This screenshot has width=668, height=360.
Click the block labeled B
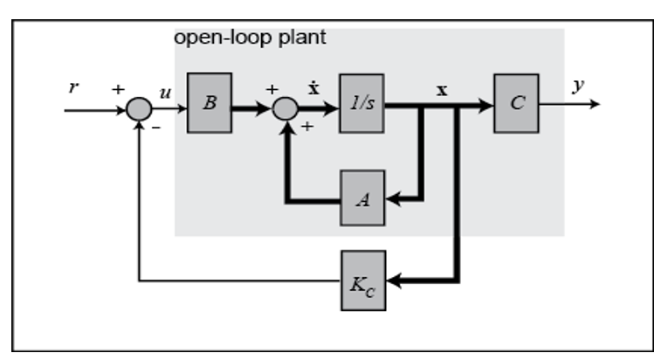tap(210, 103)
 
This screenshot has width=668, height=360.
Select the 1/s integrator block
tap(362, 103)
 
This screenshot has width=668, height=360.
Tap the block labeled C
tap(516, 103)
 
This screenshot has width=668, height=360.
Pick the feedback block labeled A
tap(362, 199)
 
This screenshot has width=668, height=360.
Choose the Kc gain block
tap(362, 280)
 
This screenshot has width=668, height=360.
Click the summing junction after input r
tap(139, 110)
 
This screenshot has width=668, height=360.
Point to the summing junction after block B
tap(285, 110)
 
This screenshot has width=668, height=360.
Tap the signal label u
tap(166, 91)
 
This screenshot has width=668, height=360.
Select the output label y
tap(578, 86)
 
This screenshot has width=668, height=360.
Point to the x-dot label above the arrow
tap(313, 90)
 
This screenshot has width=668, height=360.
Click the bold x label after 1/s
tap(442, 90)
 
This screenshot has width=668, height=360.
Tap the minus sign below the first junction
tap(157, 128)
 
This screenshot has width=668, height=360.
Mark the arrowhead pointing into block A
tap(392, 199)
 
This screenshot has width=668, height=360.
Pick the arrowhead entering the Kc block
tap(392, 280)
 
